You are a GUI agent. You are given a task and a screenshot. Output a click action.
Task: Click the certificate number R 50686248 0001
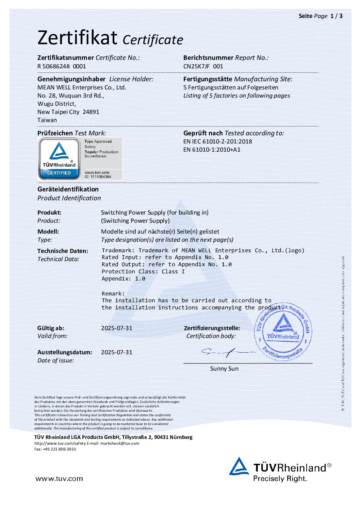coord(62,66)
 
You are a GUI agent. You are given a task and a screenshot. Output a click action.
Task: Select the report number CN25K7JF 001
coord(203,66)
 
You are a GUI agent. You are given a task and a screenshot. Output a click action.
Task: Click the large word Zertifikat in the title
coord(78,37)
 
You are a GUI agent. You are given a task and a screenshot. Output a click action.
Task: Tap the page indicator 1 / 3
coord(336,16)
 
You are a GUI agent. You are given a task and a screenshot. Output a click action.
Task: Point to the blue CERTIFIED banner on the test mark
coord(59,173)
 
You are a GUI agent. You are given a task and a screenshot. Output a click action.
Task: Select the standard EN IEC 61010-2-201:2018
coord(218,141)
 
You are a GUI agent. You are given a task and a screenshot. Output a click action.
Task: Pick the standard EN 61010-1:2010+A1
coord(212,150)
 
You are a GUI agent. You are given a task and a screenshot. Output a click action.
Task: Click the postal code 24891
coord(91,112)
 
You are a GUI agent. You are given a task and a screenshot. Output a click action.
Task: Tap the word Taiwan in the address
coord(47,120)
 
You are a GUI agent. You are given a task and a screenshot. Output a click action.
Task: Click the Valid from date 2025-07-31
coord(117,328)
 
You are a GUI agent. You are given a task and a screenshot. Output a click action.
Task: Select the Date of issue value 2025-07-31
coord(117,352)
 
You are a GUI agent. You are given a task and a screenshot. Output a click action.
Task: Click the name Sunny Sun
coord(224,369)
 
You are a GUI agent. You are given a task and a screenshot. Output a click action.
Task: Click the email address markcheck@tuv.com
coord(120,443)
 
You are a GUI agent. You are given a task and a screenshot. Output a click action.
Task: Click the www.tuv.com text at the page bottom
coord(59,479)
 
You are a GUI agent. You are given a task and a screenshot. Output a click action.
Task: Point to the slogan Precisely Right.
coord(280,479)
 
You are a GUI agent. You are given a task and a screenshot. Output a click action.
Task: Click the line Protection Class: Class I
coord(143,272)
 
